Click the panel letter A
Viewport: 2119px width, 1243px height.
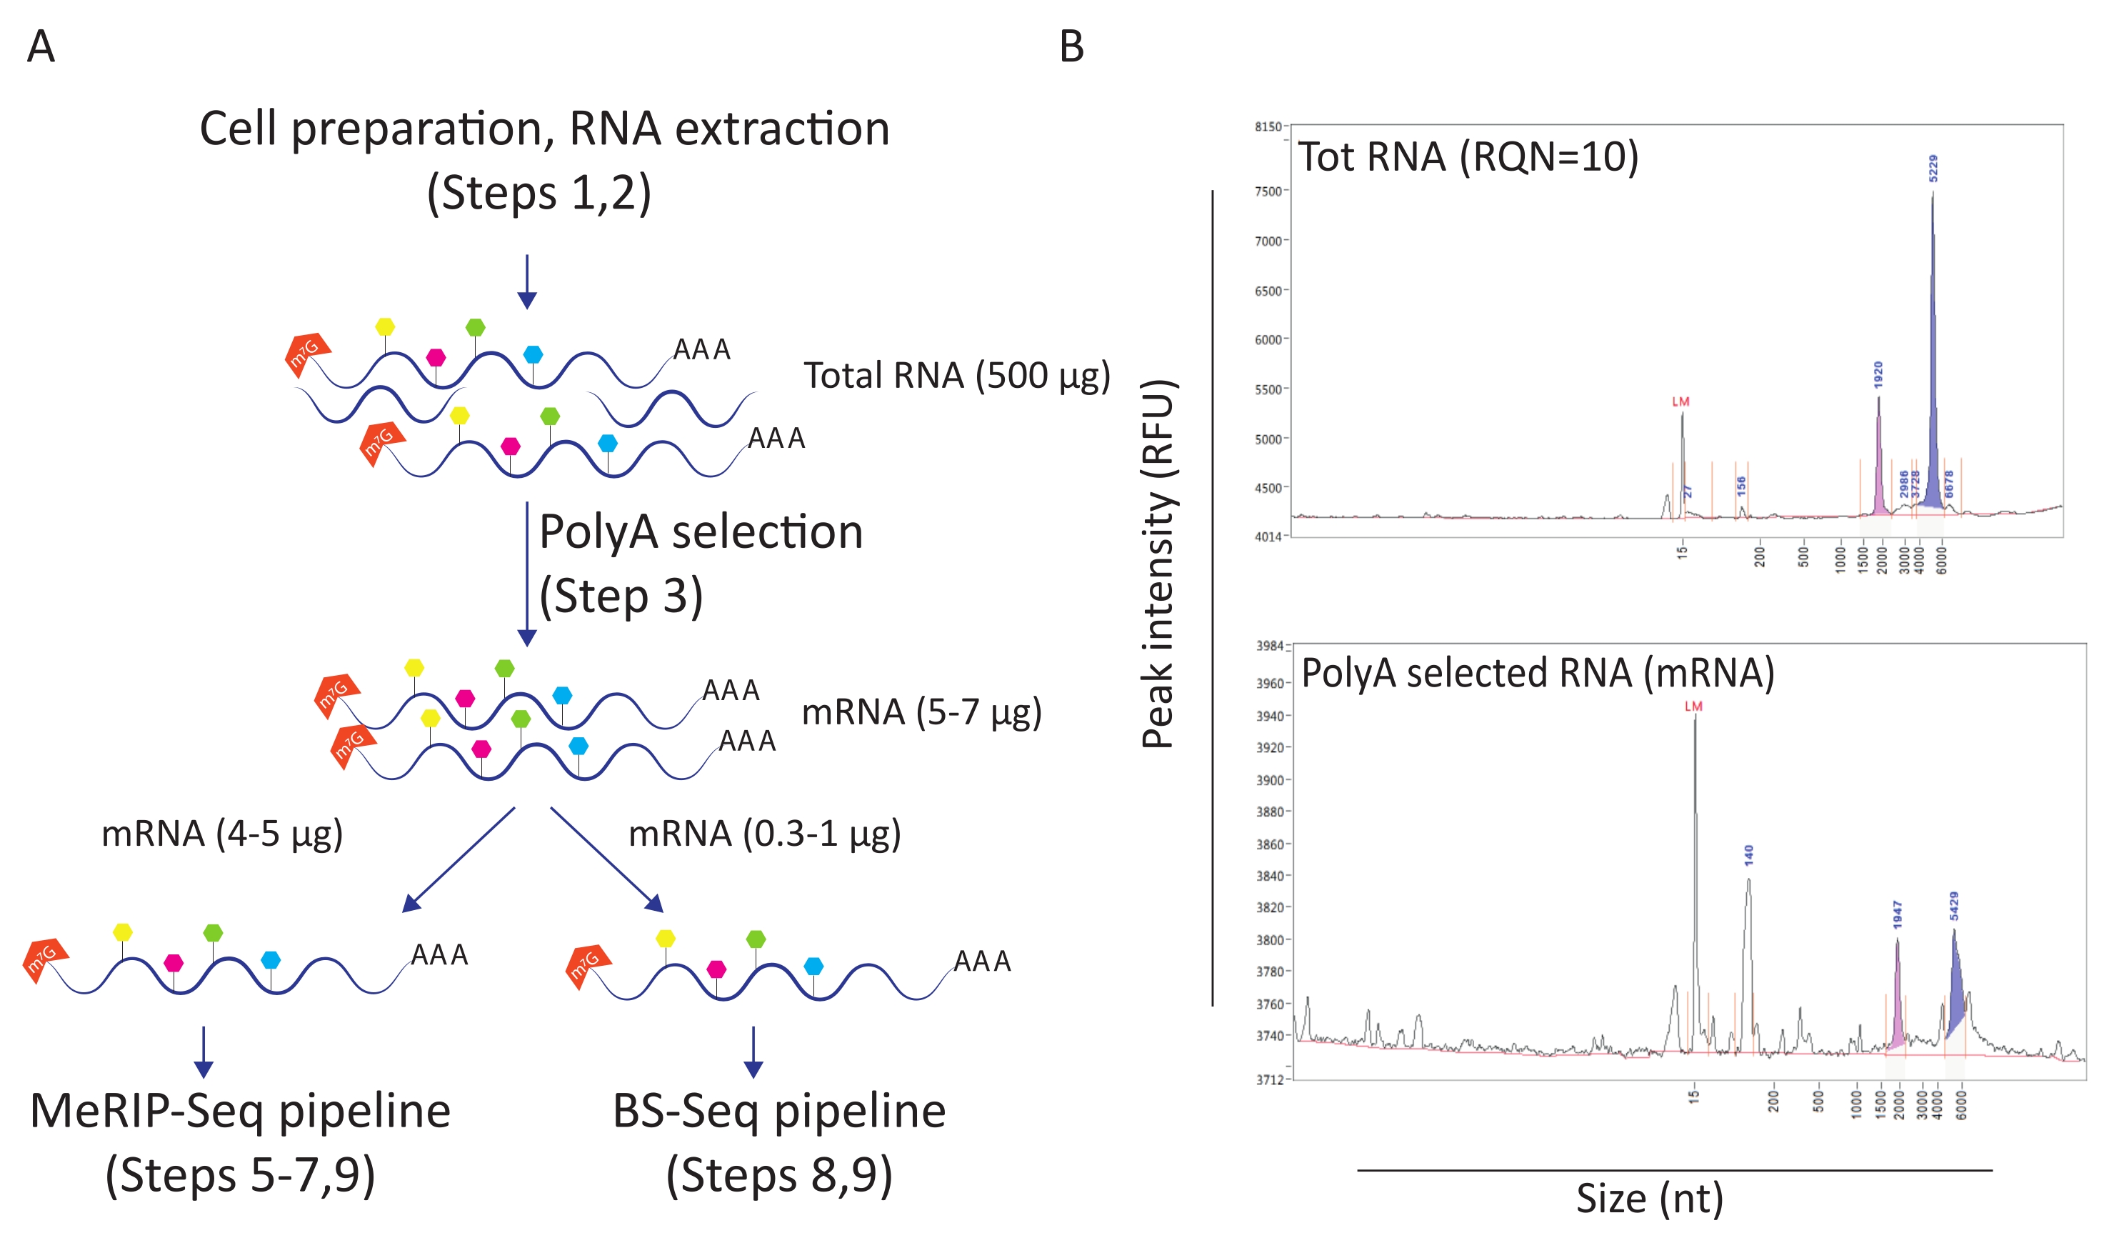coord(41,46)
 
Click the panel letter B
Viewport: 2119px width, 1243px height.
coord(1071,46)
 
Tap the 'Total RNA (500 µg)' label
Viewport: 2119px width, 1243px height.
coord(956,376)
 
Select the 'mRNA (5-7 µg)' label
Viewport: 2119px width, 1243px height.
coord(921,712)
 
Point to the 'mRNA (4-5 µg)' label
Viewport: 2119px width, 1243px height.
coord(222,834)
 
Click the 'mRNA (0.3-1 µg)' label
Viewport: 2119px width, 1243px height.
coord(764,834)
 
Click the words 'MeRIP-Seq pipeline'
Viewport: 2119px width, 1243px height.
coord(241,1111)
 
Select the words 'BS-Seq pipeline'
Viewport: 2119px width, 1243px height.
coord(778,1111)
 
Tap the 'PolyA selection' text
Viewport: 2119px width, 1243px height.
coord(701,532)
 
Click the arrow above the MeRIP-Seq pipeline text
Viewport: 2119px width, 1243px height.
coord(204,1052)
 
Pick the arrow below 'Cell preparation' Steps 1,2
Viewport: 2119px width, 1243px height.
coord(527,281)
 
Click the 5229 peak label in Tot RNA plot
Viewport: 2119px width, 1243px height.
coord(1933,168)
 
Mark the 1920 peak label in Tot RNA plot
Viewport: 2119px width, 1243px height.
coord(1878,374)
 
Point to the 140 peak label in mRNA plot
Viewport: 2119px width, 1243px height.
coord(1749,855)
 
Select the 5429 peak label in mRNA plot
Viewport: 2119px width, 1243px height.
coord(1954,906)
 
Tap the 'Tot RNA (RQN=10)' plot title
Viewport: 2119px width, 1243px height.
coord(1468,157)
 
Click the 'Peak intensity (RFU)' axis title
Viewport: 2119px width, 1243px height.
coord(1158,564)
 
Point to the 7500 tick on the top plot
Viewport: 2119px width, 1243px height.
coord(1268,191)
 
